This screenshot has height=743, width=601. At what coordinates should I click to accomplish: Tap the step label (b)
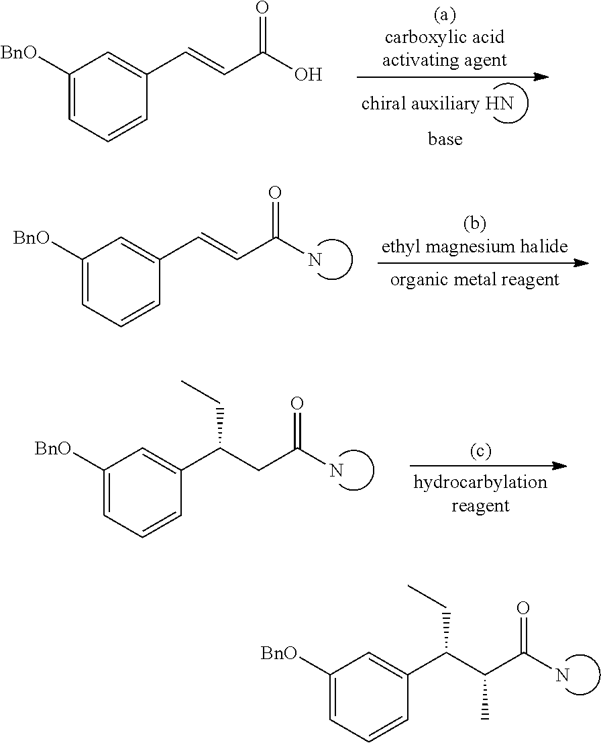[475, 224]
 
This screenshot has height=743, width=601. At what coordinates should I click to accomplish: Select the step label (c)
[480, 450]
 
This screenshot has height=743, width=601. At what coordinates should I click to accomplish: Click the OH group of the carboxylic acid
[309, 75]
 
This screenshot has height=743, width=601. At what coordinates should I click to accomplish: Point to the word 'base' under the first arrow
[445, 139]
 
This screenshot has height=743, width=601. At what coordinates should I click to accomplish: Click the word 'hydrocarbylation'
[480, 483]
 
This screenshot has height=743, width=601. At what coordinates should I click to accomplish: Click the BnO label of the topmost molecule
[19, 53]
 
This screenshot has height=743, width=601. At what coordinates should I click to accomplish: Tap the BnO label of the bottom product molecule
[279, 654]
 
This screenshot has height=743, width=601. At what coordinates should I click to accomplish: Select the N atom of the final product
[561, 675]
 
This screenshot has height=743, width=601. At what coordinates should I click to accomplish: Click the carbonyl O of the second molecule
[274, 193]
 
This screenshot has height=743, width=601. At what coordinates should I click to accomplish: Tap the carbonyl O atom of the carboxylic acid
[262, 9]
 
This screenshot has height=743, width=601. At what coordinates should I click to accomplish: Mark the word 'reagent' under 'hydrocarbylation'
[480, 505]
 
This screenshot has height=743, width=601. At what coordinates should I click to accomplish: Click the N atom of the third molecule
[336, 470]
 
